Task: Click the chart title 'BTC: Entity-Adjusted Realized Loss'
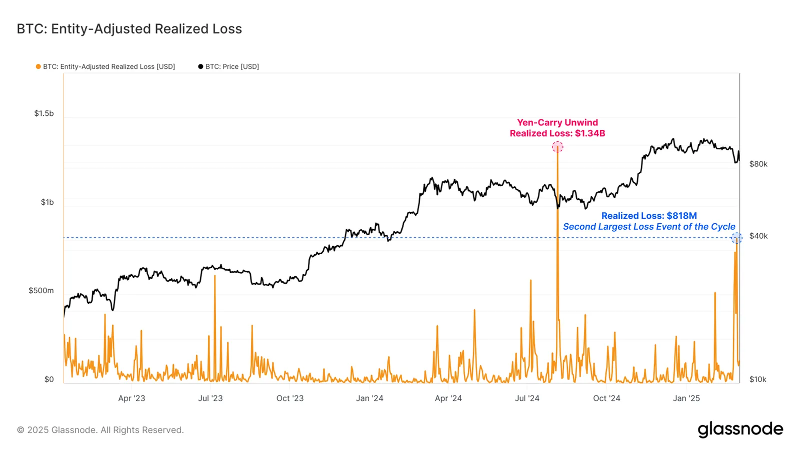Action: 129,29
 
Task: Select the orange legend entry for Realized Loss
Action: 105,66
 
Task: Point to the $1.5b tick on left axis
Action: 44,113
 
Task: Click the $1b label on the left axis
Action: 47,202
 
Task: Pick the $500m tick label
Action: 41,291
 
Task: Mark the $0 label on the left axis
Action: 49,380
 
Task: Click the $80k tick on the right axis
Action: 758,164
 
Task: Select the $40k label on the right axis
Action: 758,236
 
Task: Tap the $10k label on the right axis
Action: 757,380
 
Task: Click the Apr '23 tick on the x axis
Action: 131,398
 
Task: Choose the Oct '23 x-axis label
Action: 290,398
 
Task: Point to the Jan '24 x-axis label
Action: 369,398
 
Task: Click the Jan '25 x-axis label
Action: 686,398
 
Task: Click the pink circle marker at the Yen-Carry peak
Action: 557,147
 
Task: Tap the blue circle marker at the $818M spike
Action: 736,238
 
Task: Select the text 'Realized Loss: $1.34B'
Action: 557,133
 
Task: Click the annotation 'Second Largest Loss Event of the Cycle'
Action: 649,227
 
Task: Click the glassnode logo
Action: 740,430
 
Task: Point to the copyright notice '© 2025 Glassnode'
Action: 100,430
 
